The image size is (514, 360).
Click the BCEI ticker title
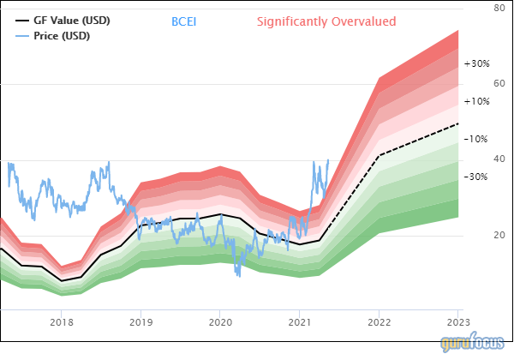(x=183, y=20)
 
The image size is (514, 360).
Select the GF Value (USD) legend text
(x=72, y=20)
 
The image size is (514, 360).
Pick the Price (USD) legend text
(x=62, y=35)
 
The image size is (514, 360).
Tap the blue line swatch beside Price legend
(x=22, y=35)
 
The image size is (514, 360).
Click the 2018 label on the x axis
(x=61, y=323)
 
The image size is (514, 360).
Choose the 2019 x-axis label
(x=140, y=323)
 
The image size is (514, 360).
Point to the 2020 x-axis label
(x=220, y=323)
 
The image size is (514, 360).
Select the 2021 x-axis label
(x=299, y=323)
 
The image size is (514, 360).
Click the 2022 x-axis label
(x=379, y=323)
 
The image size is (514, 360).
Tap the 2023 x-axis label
(x=458, y=323)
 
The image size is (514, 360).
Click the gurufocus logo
(x=474, y=344)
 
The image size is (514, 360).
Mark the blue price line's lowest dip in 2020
(x=237, y=276)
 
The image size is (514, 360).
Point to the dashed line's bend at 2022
(x=379, y=155)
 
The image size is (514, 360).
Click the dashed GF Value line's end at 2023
(x=458, y=124)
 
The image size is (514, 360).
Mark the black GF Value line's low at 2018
(x=62, y=280)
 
